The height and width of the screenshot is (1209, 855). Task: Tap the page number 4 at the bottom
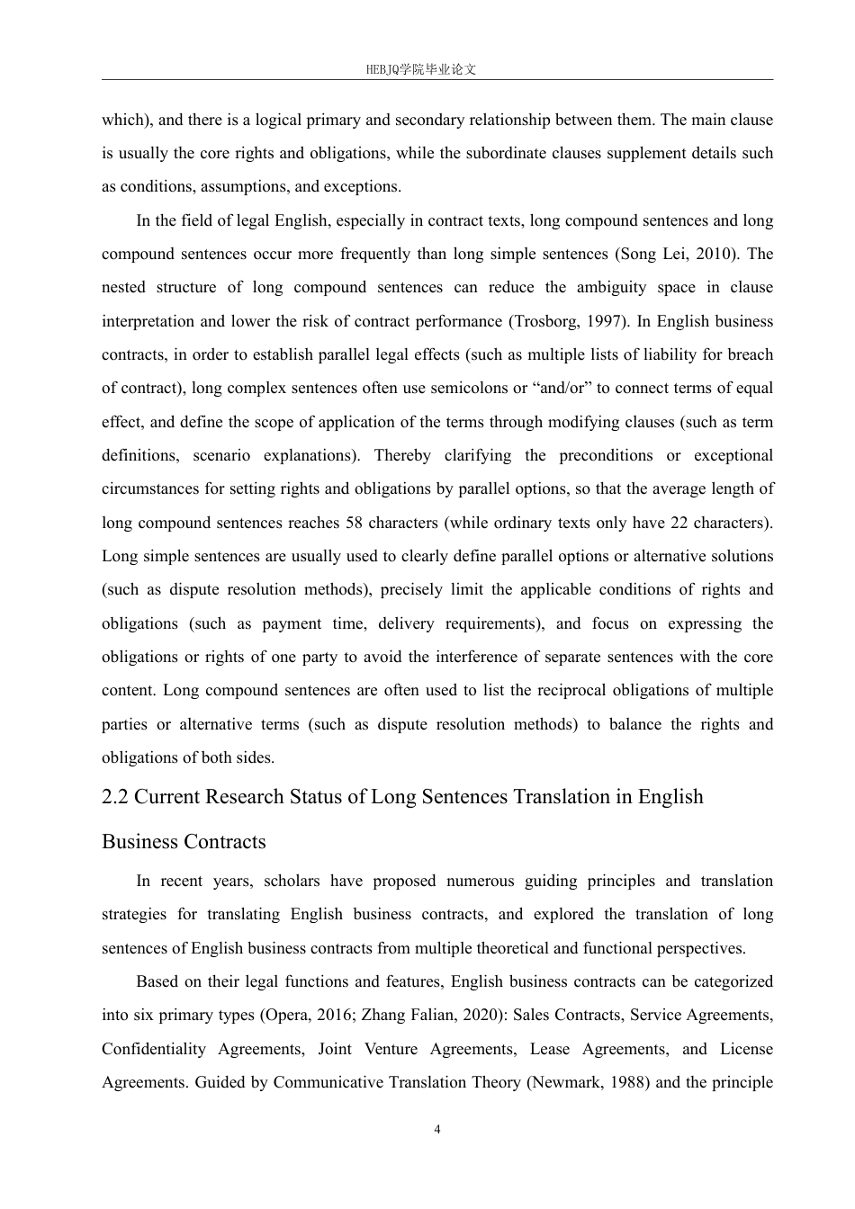click(x=437, y=1130)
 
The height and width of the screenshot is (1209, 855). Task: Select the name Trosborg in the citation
click(x=546, y=321)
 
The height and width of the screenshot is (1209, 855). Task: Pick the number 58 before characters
click(x=353, y=523)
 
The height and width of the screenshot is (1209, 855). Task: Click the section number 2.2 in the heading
click(x=115, y=797)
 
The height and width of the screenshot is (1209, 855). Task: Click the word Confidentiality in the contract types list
click(x=153, y=1049)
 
